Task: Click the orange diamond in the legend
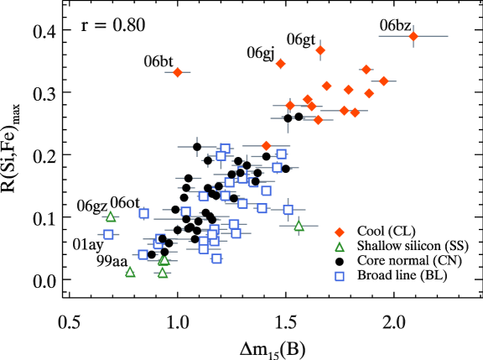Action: point(340,232)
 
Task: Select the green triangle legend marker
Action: point(340,247)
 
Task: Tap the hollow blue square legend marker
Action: point(340,276)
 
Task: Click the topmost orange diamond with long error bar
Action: point(413,36)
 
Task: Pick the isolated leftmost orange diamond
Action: point(178,72)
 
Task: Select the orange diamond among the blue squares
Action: point(267,145)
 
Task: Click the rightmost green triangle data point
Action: point(299,225)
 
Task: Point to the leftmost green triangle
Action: point(111,217)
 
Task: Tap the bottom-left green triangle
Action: point(130,272)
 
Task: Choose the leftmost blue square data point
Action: point(108,234)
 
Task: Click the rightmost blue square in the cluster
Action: point(288,210)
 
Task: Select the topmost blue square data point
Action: point(225,148)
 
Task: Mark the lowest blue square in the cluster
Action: point(216,258)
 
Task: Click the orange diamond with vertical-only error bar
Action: point(320,50)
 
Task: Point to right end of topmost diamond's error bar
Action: point(448,36)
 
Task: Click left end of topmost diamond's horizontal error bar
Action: point(379,36)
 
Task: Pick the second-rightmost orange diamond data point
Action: point(384,81)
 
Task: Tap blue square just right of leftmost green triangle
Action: point(143,213)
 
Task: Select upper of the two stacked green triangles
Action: point(164,260)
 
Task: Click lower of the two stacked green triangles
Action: point(163,273)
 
